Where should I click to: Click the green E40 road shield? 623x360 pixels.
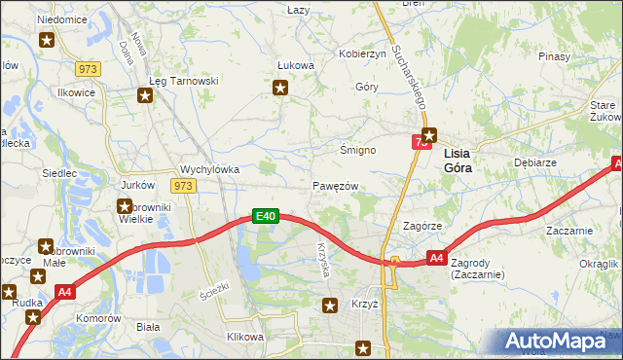click(267, 216)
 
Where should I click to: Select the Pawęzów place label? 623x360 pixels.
click(336, 186)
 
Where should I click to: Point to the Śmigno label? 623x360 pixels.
click(357, 151)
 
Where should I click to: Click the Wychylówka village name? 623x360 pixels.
click(209, 168)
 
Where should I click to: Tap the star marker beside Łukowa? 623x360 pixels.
click(281, 89)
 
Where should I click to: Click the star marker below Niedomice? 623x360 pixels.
click(47, 40)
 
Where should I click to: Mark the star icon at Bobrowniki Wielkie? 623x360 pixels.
click(125, 205)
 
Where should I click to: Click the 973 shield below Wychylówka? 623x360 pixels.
click(183, 185)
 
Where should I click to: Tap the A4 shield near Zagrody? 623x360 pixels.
click(437, 258)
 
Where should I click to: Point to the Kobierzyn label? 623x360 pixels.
click(362, 54)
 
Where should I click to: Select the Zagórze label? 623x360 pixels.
click(424, 225)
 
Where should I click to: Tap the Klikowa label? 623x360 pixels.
click(245, 337)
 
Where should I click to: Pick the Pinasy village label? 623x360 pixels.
click(553, 57)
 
